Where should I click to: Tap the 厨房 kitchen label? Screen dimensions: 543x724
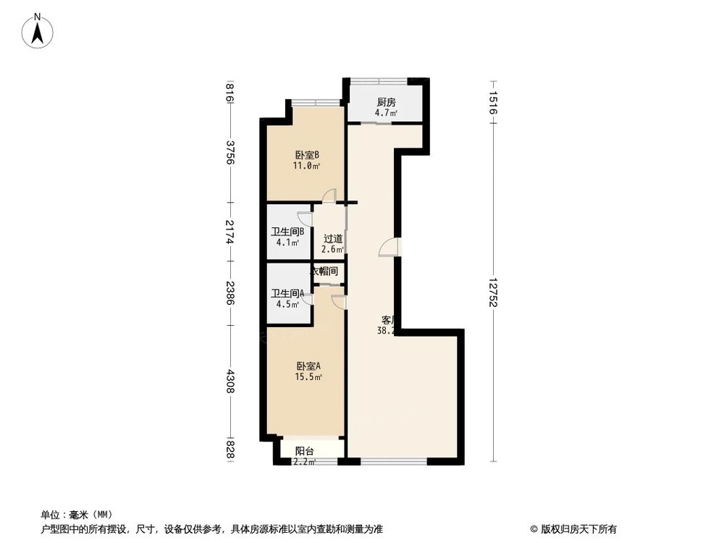coord(385,102)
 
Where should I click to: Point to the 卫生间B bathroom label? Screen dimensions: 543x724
coord(287,232)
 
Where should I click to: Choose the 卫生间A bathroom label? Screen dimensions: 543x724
coord(287,293)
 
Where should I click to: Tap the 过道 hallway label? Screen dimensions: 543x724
coord(333,238)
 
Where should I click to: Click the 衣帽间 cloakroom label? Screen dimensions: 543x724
coord(324,271)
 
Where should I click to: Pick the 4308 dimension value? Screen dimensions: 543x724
coord(230,382)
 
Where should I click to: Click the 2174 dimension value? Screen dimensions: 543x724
coord(230,232)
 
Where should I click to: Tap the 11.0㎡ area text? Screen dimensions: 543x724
coord(307,166)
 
